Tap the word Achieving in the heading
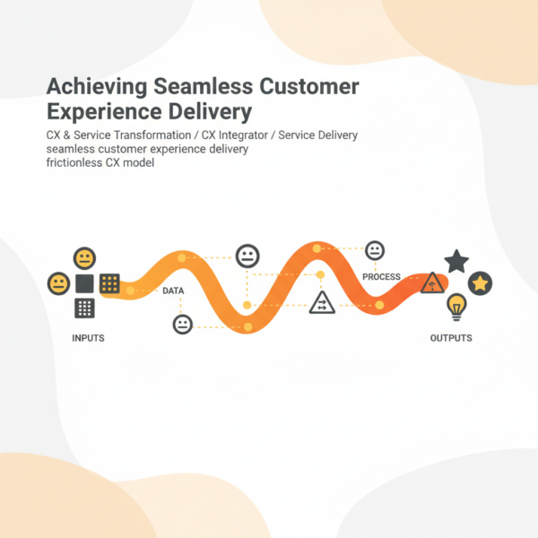point(96,88)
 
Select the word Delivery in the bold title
point(208,113)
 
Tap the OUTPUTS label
point(451,338)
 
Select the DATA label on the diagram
point(173,291)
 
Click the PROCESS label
point(381,277)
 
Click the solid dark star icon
point(456,262)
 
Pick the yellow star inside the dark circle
point(481,283)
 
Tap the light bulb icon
point(457,308)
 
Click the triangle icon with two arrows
point(321,303)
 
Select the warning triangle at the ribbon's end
point(433,284)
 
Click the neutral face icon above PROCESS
point(375,250)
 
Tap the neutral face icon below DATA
point(183,324)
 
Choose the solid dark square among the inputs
point(85,284)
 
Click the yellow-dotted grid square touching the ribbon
point(109,283)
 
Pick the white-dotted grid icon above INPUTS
point(85,308)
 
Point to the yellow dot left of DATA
point(131,291)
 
